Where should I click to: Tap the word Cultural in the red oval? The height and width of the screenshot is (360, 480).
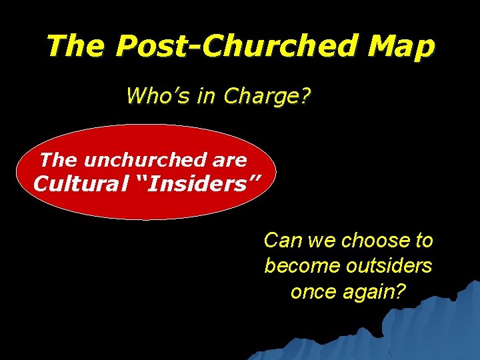(74, 183)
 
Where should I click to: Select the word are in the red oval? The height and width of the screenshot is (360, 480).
(230, 160)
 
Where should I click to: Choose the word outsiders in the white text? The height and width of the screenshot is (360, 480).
(389, 265)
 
